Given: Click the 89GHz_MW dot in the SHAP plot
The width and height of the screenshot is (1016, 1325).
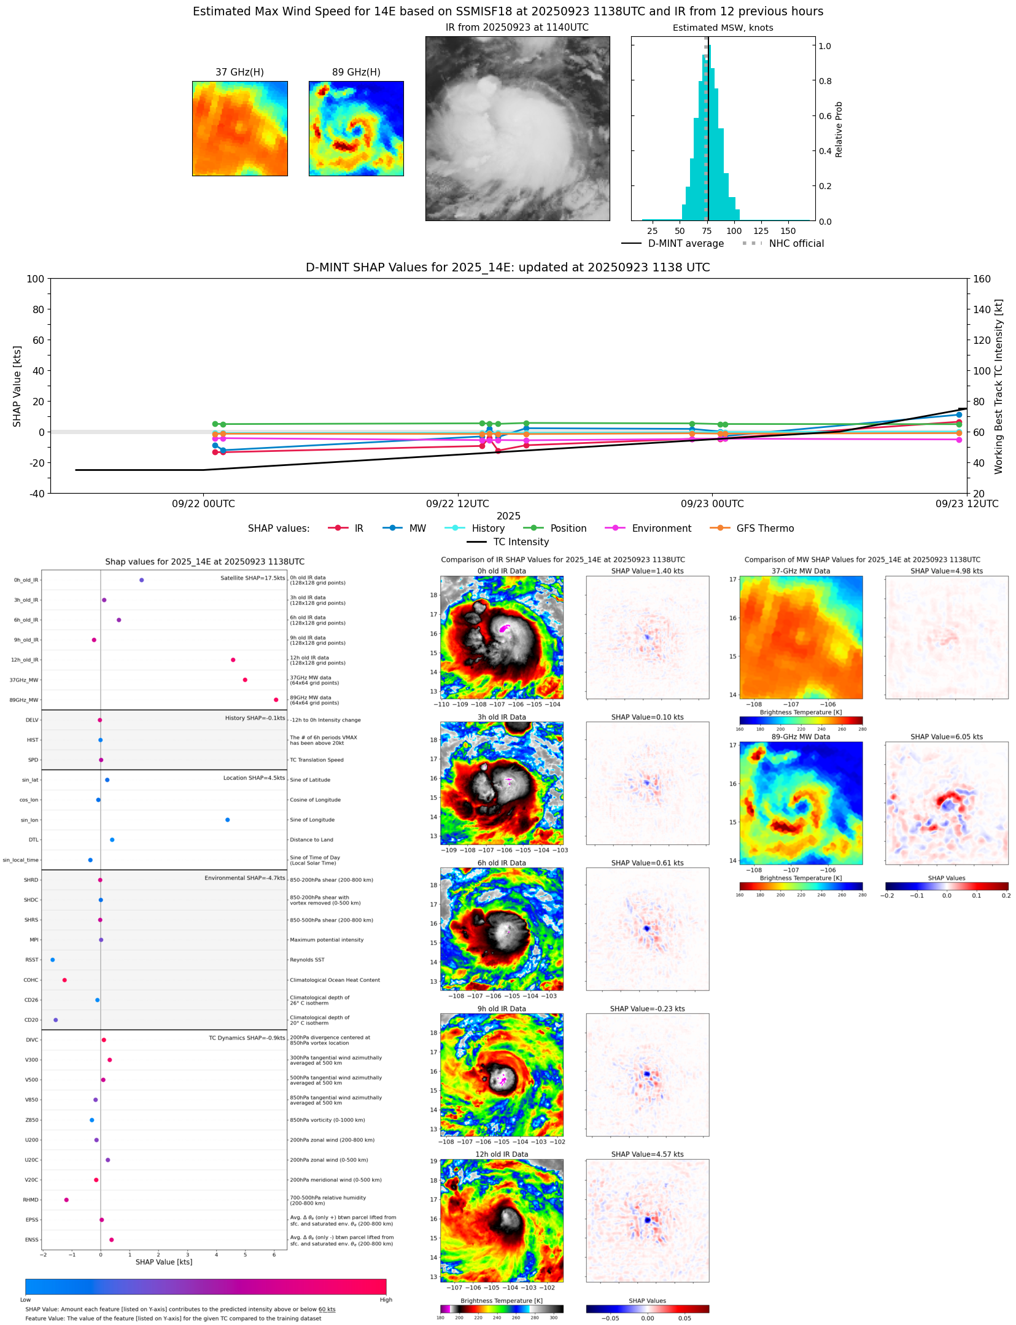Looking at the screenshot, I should pyautogui.click(x=276, y=700).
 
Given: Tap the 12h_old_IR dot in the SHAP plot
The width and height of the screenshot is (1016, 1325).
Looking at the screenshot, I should pyautogui.click(x=233, y=660).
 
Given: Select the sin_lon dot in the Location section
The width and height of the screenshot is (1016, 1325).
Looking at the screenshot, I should pyautogui.click(x=227, y=820).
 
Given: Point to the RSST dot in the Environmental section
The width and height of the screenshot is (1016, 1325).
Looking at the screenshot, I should pyautogui.click(x=52, y=960).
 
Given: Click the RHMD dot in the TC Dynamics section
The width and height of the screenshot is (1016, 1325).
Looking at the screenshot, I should pyautogui.click(x=66, y=1200).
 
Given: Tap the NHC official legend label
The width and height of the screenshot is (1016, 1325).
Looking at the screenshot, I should pyautogui.click(x=796, y=244).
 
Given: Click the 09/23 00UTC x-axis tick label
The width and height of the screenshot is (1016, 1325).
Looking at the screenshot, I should pyautogui.click(x=712, y=504).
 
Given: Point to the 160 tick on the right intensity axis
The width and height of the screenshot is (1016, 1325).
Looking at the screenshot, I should pyautogui.click(x=982, y=279).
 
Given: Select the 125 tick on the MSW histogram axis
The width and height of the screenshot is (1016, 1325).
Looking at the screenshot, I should pyautogui.click(x=761, y=231).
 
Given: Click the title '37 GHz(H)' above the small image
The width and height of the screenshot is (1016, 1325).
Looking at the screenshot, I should pyautogui.click(x=239, y=72).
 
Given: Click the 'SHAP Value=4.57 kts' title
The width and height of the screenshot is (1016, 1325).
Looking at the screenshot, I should pyautogui.click(x=647, y=1154).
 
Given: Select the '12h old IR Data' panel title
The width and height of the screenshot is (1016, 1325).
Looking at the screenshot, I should pyautogui.click(x=502, y=1154).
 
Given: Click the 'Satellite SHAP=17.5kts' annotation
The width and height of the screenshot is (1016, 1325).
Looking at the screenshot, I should pyautogui.click(x=252, y=578).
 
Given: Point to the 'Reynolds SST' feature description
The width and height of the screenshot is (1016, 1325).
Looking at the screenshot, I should pyautogui.click(x=307, y=960).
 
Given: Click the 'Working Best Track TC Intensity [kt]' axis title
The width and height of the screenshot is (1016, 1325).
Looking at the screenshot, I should pyautogui.click(x=999, y=387).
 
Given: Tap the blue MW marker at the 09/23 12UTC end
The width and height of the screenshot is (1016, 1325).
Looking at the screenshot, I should pyautogui.click(x=959, y=415).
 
